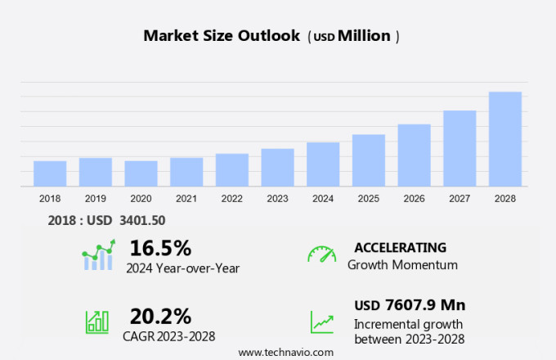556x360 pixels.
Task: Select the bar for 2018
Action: click(x=50, y=173)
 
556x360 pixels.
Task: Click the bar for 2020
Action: click(x=141, y=173)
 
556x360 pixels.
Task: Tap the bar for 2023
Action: click(x=277, y=168)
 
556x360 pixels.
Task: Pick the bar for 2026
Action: click(x=414, y=155)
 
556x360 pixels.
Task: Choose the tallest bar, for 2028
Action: click(x=505, y=139)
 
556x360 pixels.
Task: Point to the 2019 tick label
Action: click(x=96, y=199)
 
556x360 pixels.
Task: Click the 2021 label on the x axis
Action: click(x=186, y=199)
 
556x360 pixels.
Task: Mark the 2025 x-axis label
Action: click(x=369, y=199)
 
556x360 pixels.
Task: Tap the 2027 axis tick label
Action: click(x=460, y=199)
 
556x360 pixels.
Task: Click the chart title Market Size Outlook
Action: click(x=222, y=36)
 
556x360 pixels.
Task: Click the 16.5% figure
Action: click(x=160, y=248)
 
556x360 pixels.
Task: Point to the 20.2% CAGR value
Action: click(x=160, y=315)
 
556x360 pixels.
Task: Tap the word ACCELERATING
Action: click(x=401, y=247)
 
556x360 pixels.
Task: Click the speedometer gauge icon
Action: click(x=321, y=254)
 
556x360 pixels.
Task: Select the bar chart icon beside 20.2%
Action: click(x=97, y=321)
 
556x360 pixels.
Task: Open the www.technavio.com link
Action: click(x=285, y=352)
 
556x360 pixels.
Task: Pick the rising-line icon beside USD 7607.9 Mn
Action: click(x=321, y=322)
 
